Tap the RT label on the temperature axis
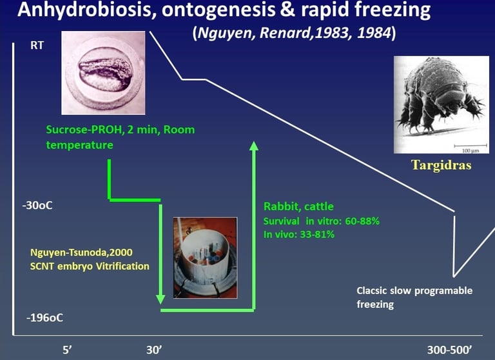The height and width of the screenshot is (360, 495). (x=37, y=46)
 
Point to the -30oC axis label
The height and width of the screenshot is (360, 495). (x=37, y=205)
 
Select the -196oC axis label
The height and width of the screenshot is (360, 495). (x=44, y=317)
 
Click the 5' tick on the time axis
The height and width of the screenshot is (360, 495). (x=67, y=350)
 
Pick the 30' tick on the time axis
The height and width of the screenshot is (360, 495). (x=154, y=350)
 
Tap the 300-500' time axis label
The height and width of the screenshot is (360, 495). (x=449, y=350)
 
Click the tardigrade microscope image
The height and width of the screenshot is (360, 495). (x=442, y=105)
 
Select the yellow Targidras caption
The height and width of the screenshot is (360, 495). (x=442, y=165)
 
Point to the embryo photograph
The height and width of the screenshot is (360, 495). (x=103, y=73)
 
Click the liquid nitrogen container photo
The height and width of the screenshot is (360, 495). (x=205, y=257)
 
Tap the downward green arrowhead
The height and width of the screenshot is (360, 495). (x=160, y=299)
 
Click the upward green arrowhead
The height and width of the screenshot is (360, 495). (x=253, y=146)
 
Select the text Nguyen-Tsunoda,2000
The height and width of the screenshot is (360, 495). (x=81, y=252)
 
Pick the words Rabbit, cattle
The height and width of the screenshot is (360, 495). (x=298, y=206)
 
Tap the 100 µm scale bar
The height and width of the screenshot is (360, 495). (x=467, y=146)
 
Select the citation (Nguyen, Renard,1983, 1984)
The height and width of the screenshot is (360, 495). (x=294, y=33)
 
